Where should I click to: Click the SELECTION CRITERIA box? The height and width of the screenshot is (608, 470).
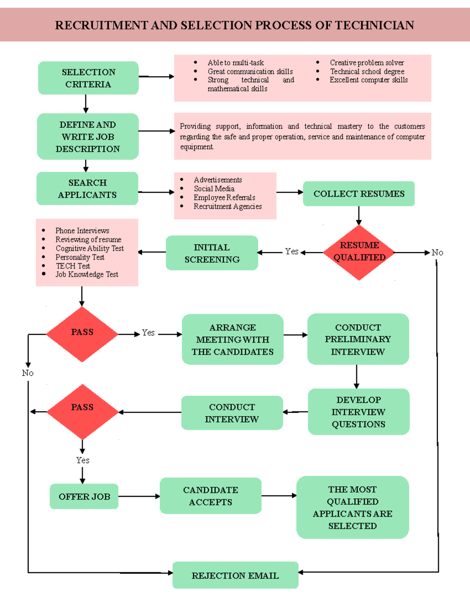point(88,78)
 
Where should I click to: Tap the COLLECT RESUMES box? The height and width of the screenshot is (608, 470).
point(358,194)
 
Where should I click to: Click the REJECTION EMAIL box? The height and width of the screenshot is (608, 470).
point(235,575)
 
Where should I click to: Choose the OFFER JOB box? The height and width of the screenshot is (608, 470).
point(84,496)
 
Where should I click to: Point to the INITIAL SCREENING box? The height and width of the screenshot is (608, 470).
point(212,253)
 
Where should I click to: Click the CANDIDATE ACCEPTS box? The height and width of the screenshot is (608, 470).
point(210,496)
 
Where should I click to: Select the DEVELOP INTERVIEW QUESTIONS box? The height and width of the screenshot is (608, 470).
point(358,412)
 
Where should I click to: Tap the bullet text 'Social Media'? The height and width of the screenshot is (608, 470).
point(214,189)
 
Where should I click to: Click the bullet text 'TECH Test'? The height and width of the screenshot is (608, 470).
point(73,266)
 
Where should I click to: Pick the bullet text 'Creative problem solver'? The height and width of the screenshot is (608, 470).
point(367,63)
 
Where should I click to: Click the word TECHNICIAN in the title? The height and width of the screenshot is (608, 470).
point(374,25)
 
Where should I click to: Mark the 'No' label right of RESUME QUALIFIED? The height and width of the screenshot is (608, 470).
point(437,253)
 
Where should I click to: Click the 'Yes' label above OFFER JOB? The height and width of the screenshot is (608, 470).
point(83,460)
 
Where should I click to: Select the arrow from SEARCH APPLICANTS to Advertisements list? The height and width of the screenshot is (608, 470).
point(156,192)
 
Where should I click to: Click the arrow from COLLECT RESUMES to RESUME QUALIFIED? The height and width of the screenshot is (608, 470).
point(359,215)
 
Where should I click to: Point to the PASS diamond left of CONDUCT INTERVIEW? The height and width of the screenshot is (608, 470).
point(82,411)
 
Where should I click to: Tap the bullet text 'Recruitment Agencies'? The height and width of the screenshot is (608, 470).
point(228,206)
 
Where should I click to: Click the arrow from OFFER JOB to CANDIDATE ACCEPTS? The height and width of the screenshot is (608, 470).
point(139,496)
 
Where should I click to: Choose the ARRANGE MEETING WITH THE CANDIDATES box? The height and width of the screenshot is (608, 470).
point(233,339)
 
